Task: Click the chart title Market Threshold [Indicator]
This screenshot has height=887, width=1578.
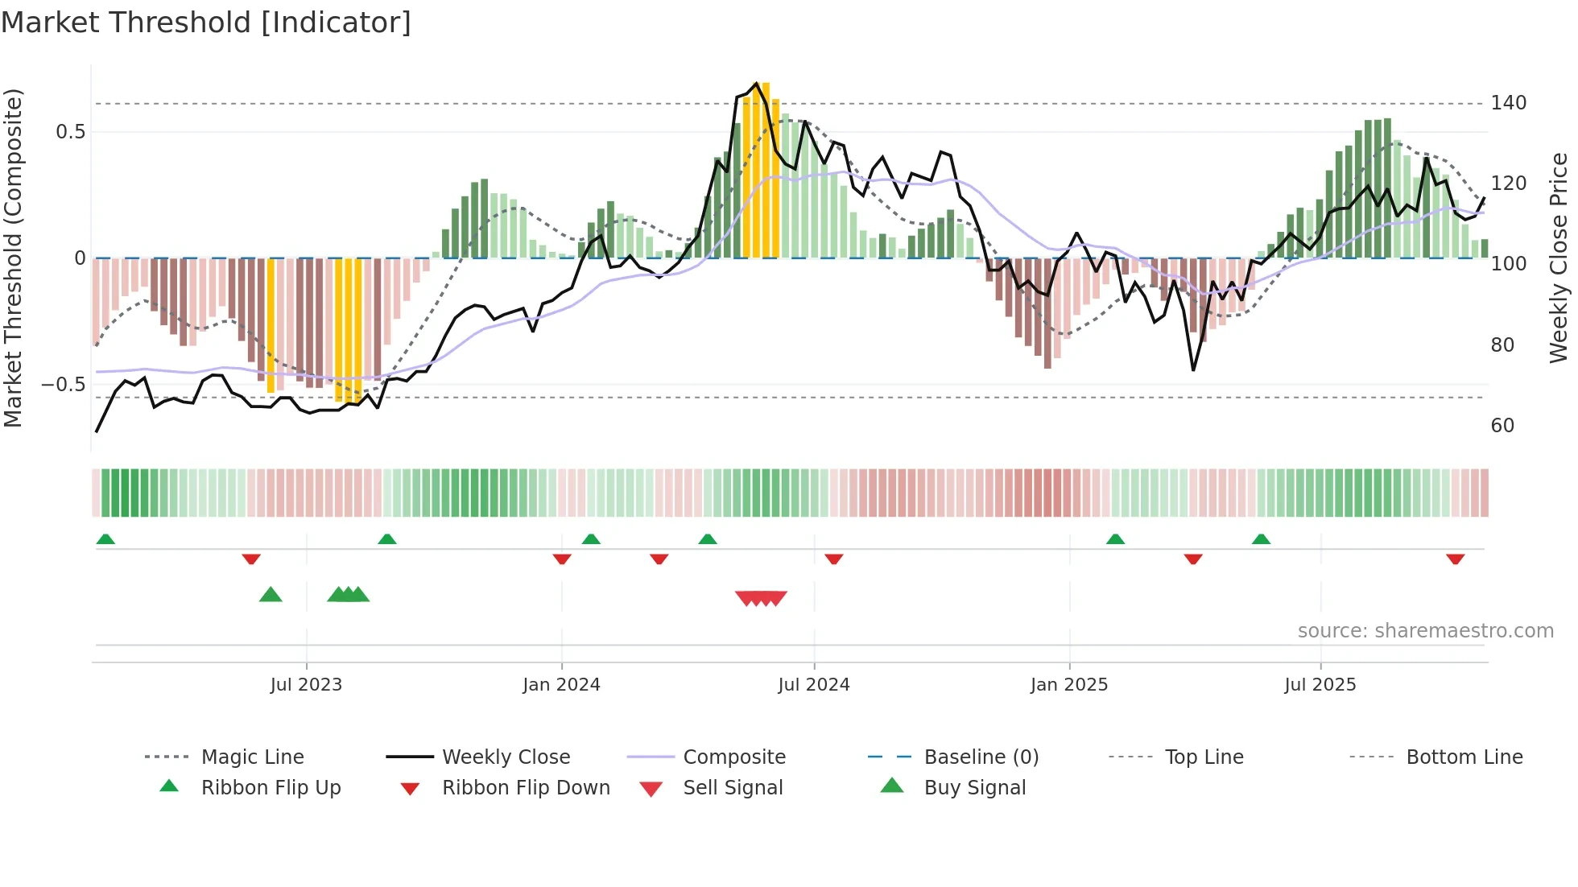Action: (x=206, y=23)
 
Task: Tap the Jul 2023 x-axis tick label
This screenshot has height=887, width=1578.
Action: (x=306, y=685)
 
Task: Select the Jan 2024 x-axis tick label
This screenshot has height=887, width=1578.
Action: (x=561, y=685)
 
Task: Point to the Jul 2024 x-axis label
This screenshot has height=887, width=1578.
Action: (x=813, y=685)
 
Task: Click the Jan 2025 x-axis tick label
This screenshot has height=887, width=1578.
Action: (x=1068, y=685)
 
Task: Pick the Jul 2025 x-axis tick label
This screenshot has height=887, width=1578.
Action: (x=1320, y=685)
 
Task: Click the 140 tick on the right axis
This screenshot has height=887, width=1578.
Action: (x=1508, y=103)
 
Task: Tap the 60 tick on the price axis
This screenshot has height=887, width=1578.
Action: (x=1502, y=426)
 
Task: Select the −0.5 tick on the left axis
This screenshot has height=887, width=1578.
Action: (x=63, y=385)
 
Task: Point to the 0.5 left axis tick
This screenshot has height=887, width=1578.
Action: (x=70, y=132)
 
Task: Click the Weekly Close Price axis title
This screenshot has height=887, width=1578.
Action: (x=1559, y=258)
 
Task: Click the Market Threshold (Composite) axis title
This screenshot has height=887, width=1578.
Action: (x=13, y=258)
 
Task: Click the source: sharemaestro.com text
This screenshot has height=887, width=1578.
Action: (x=1425, y=631)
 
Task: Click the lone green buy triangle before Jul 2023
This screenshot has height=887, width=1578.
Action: (x=271, y=595)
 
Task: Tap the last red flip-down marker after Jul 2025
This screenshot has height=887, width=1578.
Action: (x=1455, y=559)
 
